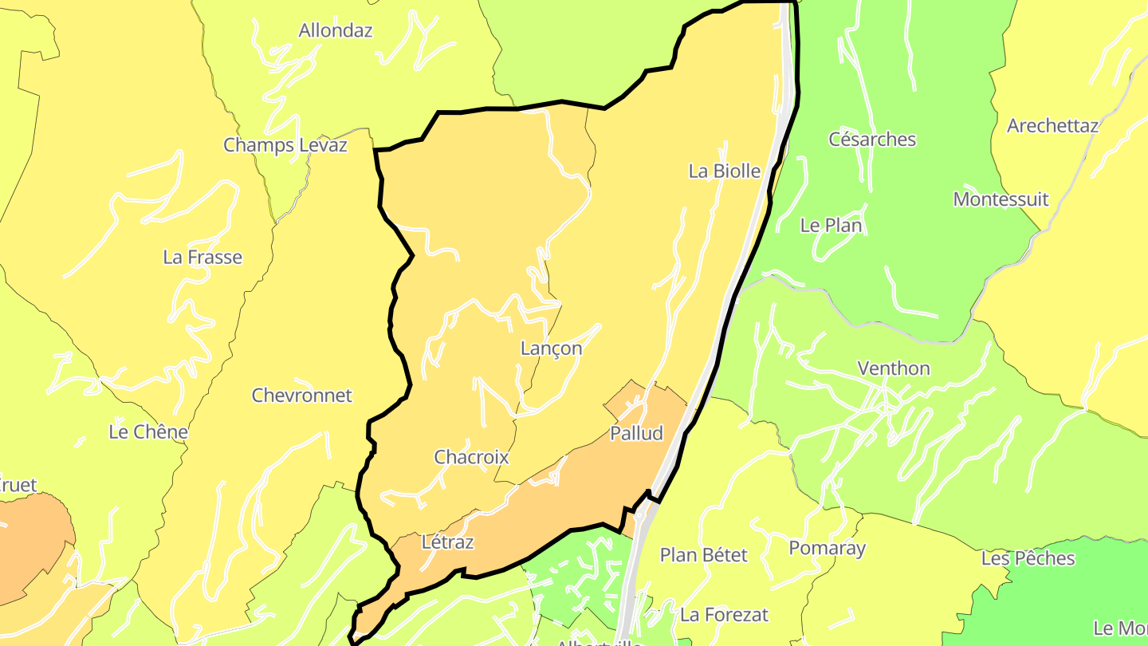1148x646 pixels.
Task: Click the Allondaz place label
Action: click(336, 31)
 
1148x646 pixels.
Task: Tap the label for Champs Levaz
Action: click(285, 145)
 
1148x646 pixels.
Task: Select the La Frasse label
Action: click(202, 257)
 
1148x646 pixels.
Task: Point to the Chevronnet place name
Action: click(302, 396)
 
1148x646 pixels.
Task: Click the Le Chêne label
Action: click(148, 432)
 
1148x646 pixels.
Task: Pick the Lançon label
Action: click(551, 349)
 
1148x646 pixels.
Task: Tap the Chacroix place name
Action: click(471, 457)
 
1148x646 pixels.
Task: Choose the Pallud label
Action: click(636, 433)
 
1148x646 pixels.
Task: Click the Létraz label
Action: click(447, 543)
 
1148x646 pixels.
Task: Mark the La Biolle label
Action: click(724, 171)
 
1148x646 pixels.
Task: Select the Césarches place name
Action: click(872, 140)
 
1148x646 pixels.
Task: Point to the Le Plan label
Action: click(831, 226)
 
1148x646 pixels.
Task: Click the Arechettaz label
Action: click(1052, 126)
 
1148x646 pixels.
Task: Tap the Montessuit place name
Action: click(1001, 199)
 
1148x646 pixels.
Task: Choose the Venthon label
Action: click(894, 368)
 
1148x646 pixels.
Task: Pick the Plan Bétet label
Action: click(704, 555)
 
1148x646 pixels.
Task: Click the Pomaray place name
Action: click(827, 548)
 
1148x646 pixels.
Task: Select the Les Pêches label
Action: click(1028, 558)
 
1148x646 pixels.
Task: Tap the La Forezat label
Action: click(724, 615)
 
